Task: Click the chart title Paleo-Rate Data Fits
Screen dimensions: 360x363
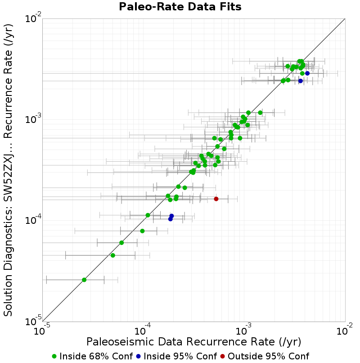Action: [180, 6]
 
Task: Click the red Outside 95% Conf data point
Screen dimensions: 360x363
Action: [216, 199]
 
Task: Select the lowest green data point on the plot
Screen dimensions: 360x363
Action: [84, 280]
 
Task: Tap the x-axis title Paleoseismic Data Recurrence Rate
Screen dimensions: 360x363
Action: [193, 342]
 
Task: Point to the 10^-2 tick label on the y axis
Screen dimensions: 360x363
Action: [33, 18]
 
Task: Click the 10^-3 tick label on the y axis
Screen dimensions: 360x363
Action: [33, 119]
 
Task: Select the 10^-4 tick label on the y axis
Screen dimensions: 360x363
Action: [33, 220]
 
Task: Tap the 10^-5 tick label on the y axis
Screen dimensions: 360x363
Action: [33, 321]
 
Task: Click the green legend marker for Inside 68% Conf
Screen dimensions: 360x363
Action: [54, 357]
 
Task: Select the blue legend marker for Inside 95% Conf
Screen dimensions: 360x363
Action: [138, 357]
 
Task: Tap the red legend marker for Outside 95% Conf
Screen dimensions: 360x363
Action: [222, 357]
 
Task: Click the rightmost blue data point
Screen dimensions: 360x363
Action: [307, 73]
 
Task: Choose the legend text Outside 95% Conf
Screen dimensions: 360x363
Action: [268, 356]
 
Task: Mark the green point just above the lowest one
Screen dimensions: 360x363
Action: [113, 255]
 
